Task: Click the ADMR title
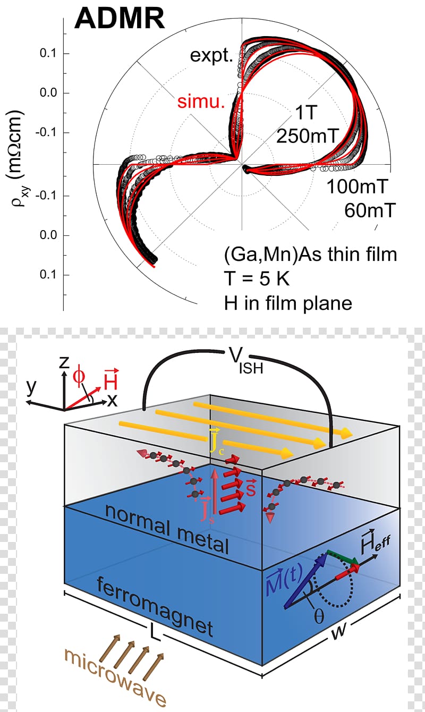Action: (120, 19)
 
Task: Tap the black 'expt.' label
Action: (211, 56)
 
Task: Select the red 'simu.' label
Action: (201, 102)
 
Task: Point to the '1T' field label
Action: (307, 112)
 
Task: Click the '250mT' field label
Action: (308, 135)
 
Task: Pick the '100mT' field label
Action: (358, 187)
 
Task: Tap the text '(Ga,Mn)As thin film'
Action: (311, 255)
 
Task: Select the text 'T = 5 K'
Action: (257, 279)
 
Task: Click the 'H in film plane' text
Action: (288, 303)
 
